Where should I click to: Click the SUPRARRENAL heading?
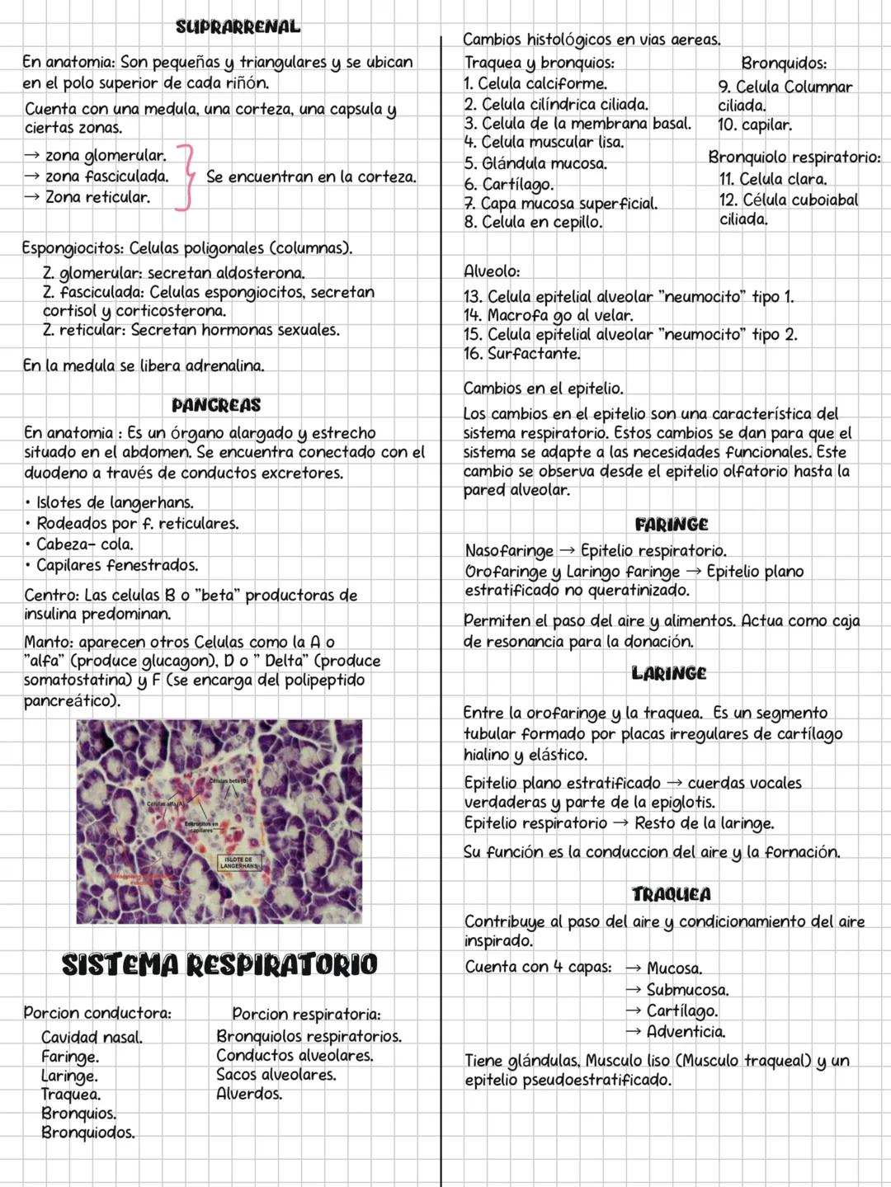click(x=238, y=26)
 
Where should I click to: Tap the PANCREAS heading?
click(x=216, y=405)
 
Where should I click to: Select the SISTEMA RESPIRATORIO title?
click(x=219, y=964)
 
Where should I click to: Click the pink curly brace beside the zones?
click(x=187, y=177)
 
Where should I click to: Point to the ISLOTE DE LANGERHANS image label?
click(x=238, y=863)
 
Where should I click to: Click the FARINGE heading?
click(x=672, y=525)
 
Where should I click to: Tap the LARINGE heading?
click(x=669, y=674)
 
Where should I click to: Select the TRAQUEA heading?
click(x=672, y=894)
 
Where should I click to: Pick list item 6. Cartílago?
click(x=508, y=184)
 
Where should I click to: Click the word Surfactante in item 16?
click(x=534, y=354)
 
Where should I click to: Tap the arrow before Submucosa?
click(x=633, y=989)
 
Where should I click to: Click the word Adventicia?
click(x=686, y=1031)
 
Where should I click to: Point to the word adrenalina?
click(x=224, y=365)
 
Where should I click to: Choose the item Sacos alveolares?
click(x=276, y=1075)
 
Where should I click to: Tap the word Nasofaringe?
click(x=509, y=550)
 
